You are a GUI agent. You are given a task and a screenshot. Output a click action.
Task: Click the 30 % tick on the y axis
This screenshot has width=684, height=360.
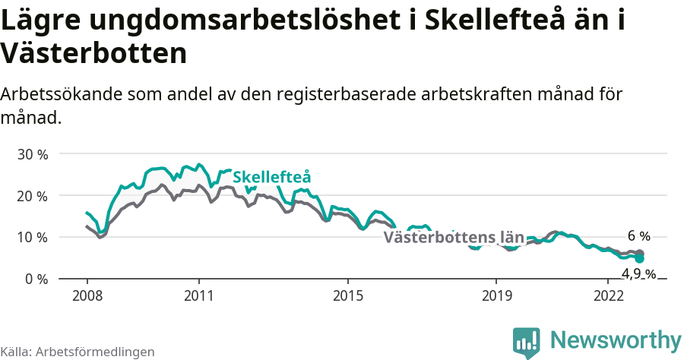[32, 154]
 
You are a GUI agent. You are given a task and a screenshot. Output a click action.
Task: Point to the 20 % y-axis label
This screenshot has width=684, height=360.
[32, 196]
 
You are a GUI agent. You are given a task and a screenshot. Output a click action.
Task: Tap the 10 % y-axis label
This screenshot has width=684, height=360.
[32, 238]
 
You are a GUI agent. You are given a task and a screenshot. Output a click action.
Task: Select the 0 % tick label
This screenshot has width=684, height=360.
[36, 279]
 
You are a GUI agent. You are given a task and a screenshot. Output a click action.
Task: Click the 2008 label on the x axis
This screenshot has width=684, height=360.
[87, 295]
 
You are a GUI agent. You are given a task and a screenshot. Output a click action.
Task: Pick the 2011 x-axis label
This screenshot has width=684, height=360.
[198, 295]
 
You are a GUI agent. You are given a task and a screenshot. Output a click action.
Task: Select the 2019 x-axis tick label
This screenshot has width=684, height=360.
[496, 295]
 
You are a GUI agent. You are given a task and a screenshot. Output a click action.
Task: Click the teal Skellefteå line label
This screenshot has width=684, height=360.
[272, 177]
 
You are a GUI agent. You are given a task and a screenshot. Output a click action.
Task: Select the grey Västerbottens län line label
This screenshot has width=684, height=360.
[454, 238]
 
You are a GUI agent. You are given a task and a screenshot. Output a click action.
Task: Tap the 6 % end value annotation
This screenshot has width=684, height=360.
[638, 236]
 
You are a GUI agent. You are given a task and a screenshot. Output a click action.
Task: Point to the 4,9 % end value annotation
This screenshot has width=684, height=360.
[638, 274]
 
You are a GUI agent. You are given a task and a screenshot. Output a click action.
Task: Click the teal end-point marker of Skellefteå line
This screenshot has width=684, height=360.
[640, 259]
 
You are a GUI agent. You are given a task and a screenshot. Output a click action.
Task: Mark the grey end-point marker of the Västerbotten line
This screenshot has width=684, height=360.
[640, 253]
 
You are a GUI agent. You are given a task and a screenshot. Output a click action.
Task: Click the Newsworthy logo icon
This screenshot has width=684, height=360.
[527, 343]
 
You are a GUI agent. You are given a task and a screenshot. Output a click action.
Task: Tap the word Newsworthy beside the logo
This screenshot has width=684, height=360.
[616, 339]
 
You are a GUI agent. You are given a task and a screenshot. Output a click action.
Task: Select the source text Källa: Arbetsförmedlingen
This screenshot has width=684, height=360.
[78, 352]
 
